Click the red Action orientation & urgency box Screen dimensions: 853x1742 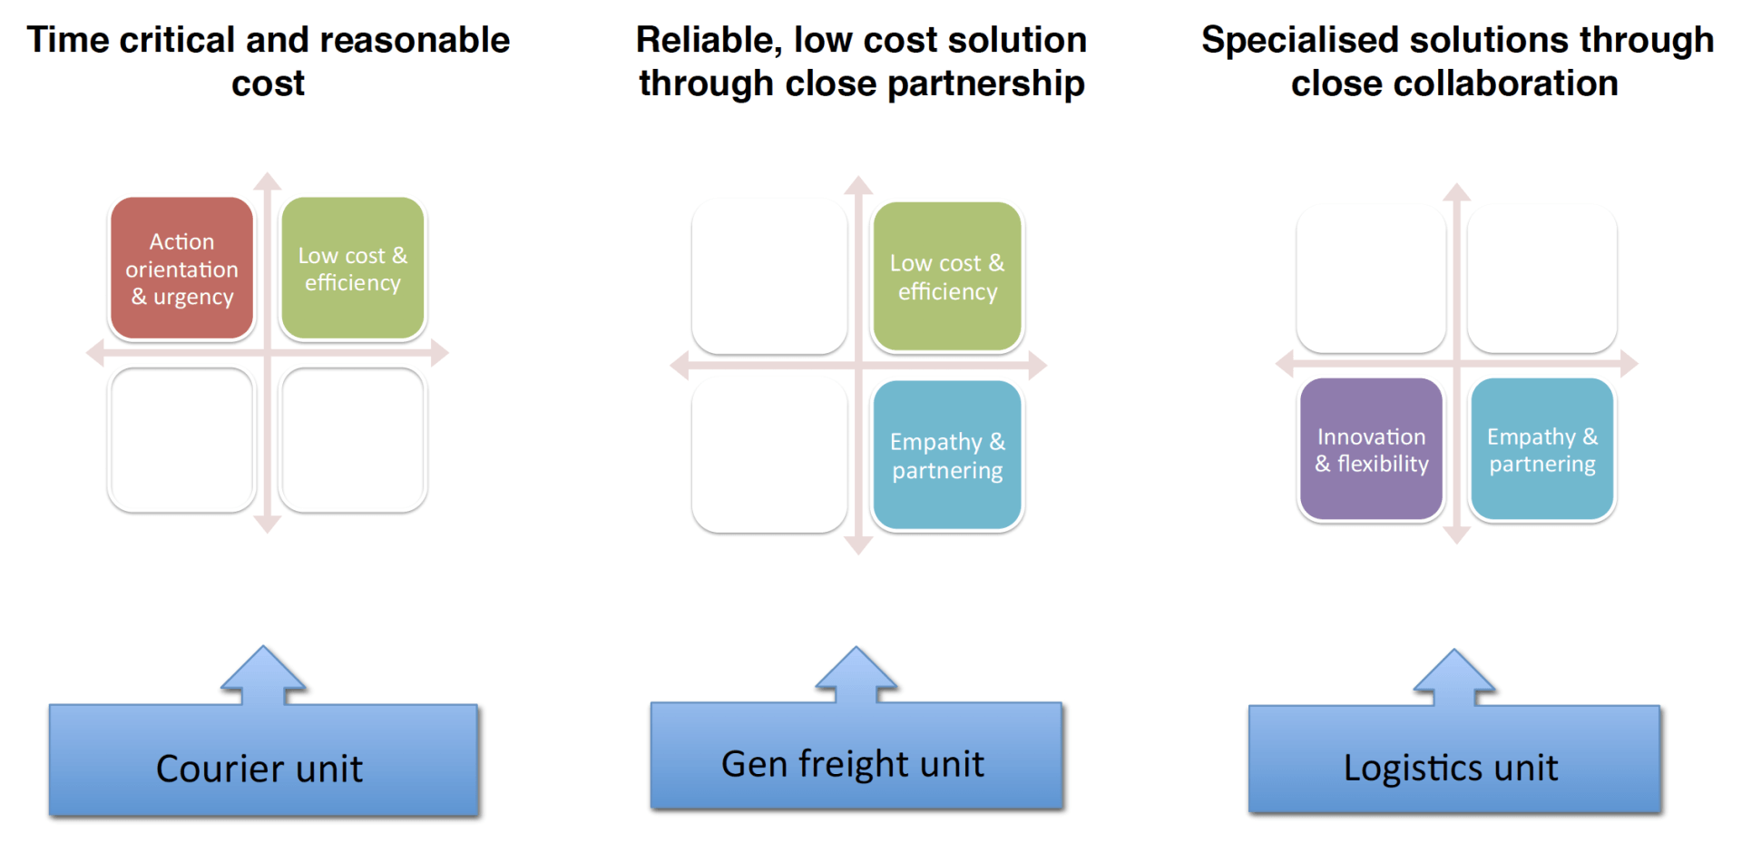point(181,269)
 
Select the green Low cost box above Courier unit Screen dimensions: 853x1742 point(353,269)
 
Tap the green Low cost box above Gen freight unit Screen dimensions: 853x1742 point(947,277)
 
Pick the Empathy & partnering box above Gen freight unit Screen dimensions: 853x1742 point(947,456)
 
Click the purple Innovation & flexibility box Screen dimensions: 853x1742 point(1371,450)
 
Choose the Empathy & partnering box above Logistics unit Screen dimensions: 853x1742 point(1541,450)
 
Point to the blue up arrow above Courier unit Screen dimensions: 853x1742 point(263,676)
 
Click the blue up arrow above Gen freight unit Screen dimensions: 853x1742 point(856,676)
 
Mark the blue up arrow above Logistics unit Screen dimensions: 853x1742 point(1454,679)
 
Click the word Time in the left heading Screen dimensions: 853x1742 point(67,40)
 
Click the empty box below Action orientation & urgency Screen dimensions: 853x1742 point(181,440)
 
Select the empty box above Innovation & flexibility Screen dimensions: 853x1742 point(1371,279)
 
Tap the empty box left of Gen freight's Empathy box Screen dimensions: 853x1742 point(769,456)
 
